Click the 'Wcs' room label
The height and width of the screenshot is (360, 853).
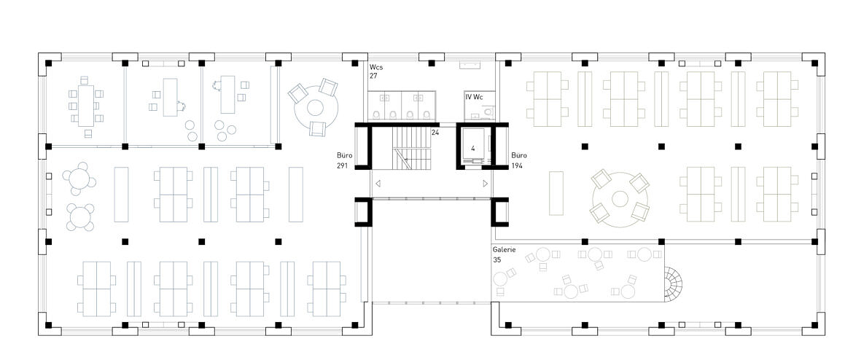pos(377,67)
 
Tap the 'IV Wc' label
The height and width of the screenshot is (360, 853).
pos(475,97)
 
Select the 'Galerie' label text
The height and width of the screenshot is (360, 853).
pos(505,250)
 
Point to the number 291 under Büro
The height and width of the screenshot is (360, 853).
pos(346,166)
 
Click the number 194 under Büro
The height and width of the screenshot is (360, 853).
pos(518,166)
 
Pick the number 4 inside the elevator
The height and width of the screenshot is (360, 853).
pos(473,148)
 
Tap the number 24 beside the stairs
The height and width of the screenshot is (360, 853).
pos(435,132)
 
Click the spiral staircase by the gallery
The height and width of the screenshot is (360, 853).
pos(673,283)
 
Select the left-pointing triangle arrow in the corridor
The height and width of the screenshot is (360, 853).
pos(378,184)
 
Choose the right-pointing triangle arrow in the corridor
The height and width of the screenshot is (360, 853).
pos(486,184)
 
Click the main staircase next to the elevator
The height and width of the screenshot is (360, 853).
pos(412,148)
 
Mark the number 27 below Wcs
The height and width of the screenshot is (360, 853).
pos(374,77)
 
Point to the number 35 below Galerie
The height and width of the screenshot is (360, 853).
pos(497,260)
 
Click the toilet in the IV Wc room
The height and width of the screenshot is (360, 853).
pos(488,111)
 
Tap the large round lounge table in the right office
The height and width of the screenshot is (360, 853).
pos(620,199)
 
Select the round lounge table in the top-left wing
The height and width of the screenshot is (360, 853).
pos(316,106)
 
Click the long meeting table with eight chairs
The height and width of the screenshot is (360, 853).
pos(86,106)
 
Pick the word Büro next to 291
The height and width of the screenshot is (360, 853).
pos(346,155)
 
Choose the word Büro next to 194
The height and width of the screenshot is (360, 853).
pos(519,155)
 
